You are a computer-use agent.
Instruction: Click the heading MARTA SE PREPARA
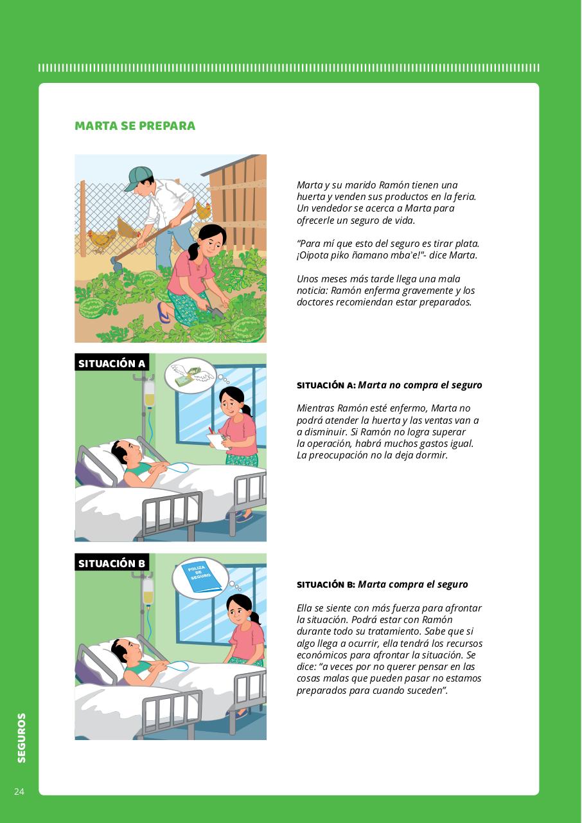pyautogui.click(x=135, y=125)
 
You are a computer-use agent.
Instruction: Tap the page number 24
pyautogui.click(x=19, y=791)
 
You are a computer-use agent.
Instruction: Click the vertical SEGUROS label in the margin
pyautogui.click(x=22, y=738)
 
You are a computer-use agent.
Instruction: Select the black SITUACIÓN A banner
pyautogui.click(x=112, y=363)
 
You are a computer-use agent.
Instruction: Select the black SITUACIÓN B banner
pyautogui.click(x=112, y=563)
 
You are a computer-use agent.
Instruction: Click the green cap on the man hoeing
pyautogui.click(x=138, y=178)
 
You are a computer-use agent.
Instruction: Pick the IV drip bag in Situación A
pyautogui.click(x=149, y=393)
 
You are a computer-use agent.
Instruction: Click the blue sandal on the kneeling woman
pyautogui.click(x=164, y=312)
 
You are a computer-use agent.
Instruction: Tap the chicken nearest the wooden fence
pyautogui.click(x=203, y=210)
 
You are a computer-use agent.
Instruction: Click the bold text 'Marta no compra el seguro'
pyautogui.click(x=420, y=385)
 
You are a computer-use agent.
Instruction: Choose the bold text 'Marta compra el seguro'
pyautogui.click(x=413, y=584)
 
